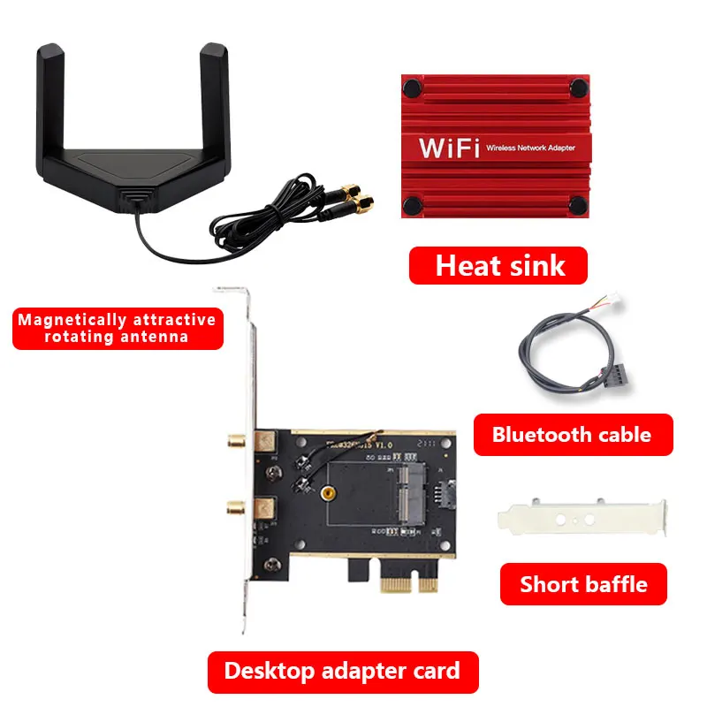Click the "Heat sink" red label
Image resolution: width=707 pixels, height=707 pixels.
(498, 265)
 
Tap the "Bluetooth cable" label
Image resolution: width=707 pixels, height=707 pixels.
(572, 434)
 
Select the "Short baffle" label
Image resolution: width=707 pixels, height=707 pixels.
(583, 584)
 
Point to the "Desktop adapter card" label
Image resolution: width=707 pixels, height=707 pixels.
(342, 671)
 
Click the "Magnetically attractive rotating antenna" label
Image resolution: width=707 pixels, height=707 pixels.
(117, 328)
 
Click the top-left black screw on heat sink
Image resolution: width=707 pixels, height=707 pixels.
(411, 87)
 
